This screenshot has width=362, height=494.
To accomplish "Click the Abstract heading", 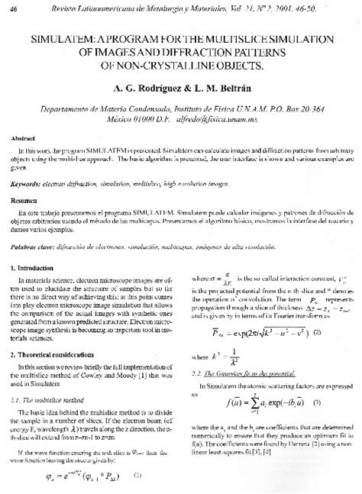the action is click(23, 139).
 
